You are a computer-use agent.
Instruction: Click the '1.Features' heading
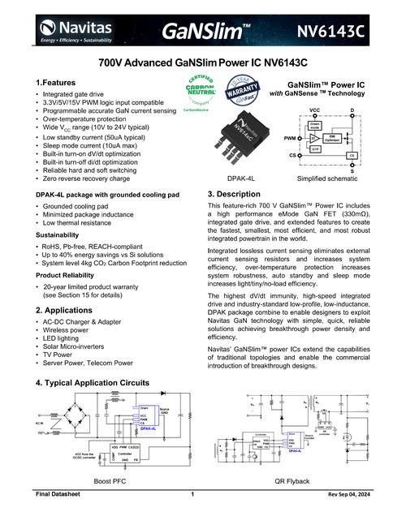56,84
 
